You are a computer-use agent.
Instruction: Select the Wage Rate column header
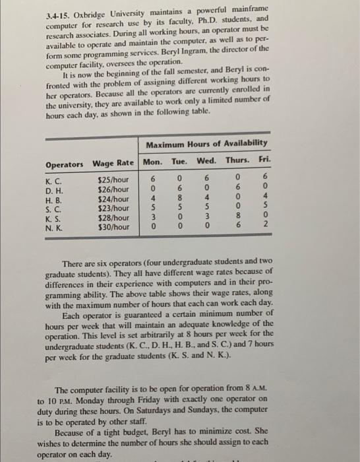(113, 164)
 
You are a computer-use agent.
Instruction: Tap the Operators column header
(65, 164)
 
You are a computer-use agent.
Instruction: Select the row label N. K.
(53, 226)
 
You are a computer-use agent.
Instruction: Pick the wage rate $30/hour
(113, 226)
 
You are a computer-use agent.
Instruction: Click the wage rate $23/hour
(113, 207)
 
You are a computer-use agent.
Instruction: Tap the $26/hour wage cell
(113, 189)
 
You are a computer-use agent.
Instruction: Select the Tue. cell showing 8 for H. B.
(179, 198)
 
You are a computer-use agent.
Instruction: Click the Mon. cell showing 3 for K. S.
(153, 217)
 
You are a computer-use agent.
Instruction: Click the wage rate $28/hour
(113, 217)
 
